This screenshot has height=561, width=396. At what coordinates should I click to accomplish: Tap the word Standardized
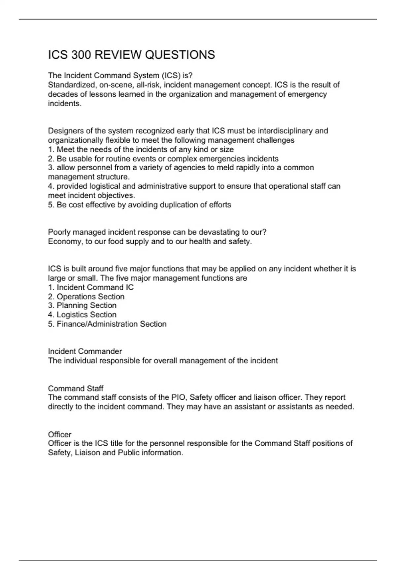click(x=71, y=85)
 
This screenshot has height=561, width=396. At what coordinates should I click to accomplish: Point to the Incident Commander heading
click(x=85, y=351)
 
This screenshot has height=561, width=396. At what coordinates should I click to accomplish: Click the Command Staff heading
click(x=76, y=388)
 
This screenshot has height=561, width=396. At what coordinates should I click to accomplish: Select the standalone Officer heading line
click(x=60, y=434)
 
